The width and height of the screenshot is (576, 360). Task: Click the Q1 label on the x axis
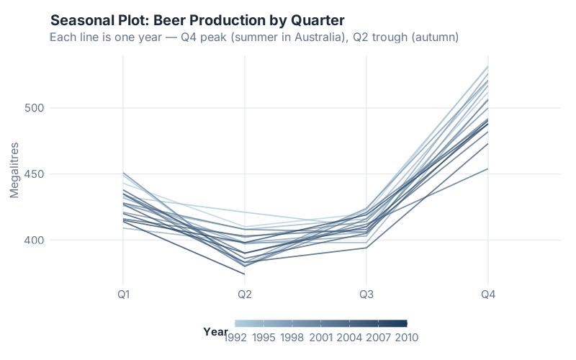pos(123,295)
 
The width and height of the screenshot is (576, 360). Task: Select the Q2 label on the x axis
pos(245,295)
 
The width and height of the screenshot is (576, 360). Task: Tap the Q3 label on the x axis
pos(366,295)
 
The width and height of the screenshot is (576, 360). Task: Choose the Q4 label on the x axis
pos(488,295)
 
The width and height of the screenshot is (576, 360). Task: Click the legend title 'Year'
pos(215,331)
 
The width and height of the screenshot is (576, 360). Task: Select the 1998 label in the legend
pos(292,337)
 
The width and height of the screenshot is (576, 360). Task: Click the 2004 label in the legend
pos(349,337)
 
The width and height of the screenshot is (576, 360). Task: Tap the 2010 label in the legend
pos(405,337)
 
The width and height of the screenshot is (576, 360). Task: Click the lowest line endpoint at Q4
pos(488,168)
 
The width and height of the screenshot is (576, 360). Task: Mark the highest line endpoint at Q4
pos(488,66)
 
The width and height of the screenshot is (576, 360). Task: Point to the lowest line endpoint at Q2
pos(245,274)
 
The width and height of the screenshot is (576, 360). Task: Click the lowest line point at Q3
pos(366,248)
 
